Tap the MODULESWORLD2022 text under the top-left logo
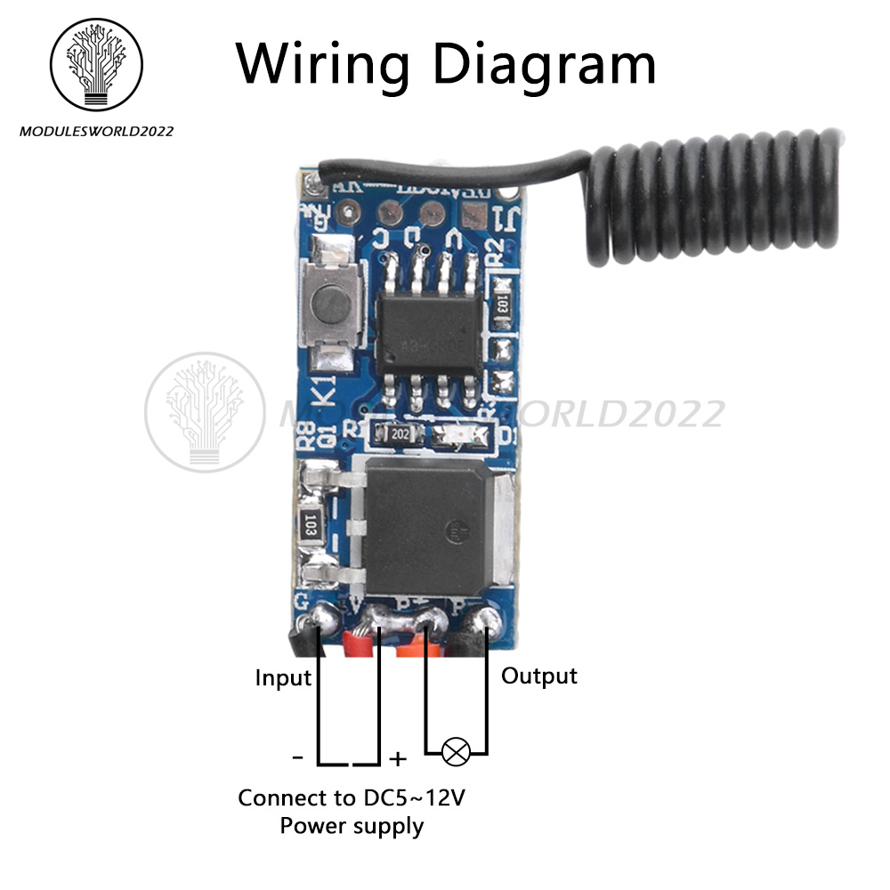tap(97, 132)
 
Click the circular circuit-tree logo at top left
tap(98, 65)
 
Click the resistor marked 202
tap(396, 435)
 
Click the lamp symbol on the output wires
tap(457, 754)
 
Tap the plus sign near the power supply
tap(398, 759)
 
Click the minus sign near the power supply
tap(297, 757)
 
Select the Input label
tap(283, 678)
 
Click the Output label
tap(539, 676)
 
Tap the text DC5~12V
tap(414, 797)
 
